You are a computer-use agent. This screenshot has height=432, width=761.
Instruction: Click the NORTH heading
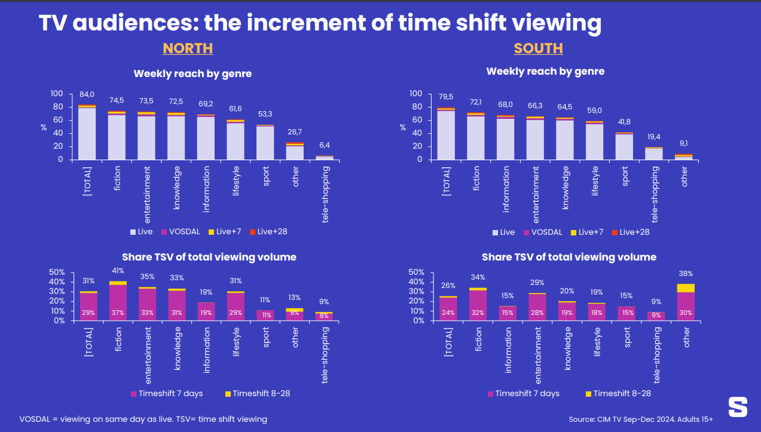pos(188,48)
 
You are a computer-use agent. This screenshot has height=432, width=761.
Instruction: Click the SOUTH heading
pos(538,48)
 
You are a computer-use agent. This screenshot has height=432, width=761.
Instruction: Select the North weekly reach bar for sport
pos(265,143)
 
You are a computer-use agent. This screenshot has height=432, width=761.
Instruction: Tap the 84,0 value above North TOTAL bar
pos(87,94)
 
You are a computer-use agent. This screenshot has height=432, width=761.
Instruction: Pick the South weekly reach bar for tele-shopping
pos(653,154)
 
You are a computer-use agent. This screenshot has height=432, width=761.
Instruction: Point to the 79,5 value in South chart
pos(446,97)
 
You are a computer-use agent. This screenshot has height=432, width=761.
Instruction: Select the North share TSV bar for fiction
pos(118,301)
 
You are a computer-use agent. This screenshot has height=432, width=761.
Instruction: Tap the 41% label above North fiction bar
pos(118,271)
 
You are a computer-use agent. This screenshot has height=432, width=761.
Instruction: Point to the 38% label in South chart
pos(686,274)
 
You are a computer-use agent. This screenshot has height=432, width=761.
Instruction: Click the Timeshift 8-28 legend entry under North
pos(258,393)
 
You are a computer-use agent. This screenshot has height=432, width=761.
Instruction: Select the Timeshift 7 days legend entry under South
pos(524,393)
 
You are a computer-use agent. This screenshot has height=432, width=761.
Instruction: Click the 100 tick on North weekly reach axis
pos(57,94)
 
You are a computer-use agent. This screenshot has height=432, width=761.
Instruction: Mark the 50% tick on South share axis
pos(415,272)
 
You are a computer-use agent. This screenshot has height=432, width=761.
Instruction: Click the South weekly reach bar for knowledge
pos(565,139)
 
